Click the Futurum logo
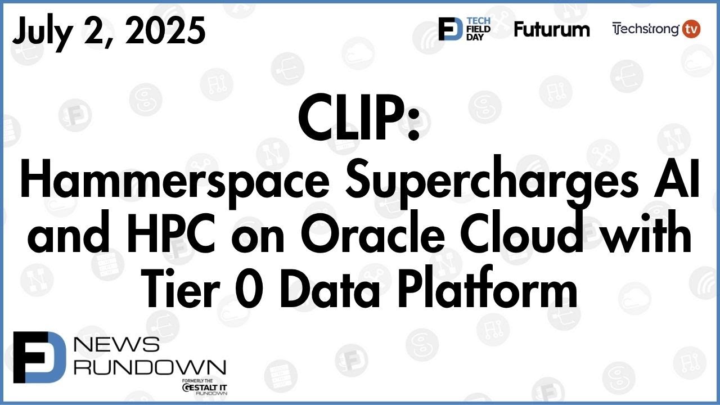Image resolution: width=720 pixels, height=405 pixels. pos(551,29)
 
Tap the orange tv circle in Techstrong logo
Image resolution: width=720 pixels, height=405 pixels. pos(691,29)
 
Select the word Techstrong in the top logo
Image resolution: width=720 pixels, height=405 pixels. pos(645,29)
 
